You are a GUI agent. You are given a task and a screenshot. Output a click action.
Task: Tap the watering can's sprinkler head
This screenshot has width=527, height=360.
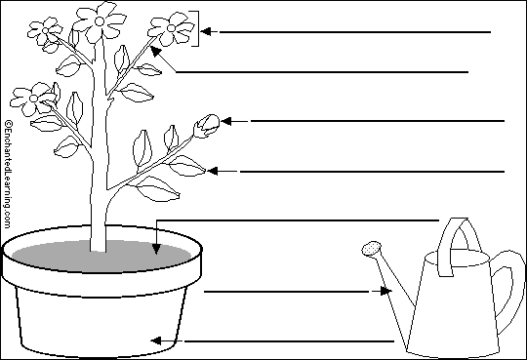point(371,250)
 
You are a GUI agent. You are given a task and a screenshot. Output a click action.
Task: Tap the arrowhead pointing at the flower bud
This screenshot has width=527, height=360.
point(226,121)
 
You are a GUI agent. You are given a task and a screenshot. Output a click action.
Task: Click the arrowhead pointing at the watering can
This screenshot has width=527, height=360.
point(385,291)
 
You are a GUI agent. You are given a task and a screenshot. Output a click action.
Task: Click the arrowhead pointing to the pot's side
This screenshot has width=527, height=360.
point(154,340)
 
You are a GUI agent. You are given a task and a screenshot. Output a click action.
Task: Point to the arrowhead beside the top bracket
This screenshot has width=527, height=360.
point(207,31)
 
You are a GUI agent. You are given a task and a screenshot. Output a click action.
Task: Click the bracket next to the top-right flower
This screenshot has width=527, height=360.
point(197,27)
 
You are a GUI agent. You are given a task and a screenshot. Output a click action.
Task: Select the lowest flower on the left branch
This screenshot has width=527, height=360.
point(33,97)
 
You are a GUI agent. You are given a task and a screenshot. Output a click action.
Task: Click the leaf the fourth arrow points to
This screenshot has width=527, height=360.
point(187,167)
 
